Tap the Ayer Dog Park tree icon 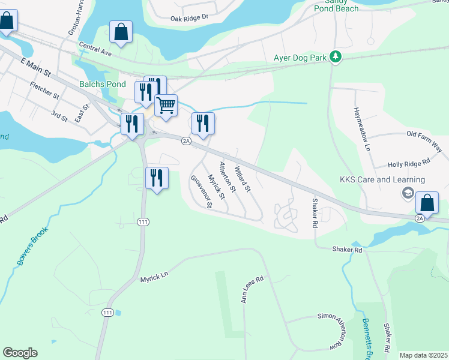click(337, 58)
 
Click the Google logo click(20, 353)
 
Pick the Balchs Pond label click(103, 85)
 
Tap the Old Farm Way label click(424, 140)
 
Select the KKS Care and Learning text click(382, 179)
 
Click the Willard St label click(243, 179)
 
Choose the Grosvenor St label click(202, 192)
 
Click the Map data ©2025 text click(423, 355)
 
